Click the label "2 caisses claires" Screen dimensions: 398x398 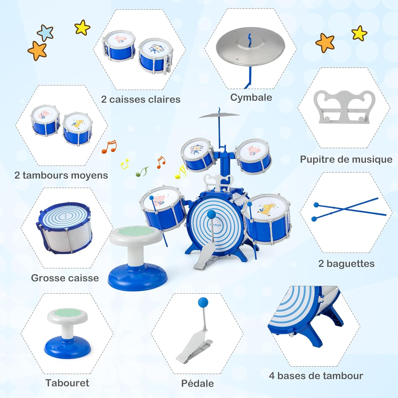[141, 99]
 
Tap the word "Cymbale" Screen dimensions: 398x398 [251, 98]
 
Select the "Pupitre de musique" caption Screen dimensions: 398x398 [346, 159]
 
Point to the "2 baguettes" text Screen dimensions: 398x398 [346, 263]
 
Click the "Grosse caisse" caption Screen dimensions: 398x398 [65, 278]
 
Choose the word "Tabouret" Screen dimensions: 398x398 [67, 383]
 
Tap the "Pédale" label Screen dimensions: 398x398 [197, 383]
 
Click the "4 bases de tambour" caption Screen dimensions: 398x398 [316, 376]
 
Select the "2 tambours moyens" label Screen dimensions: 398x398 [61, 175]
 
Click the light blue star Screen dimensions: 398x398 [45, 33]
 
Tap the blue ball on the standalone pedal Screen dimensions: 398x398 [203, 302]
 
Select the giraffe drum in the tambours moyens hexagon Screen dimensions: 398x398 [77, 128]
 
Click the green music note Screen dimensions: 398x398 [142, 172]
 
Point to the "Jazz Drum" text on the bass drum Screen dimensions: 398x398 [215, 225]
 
